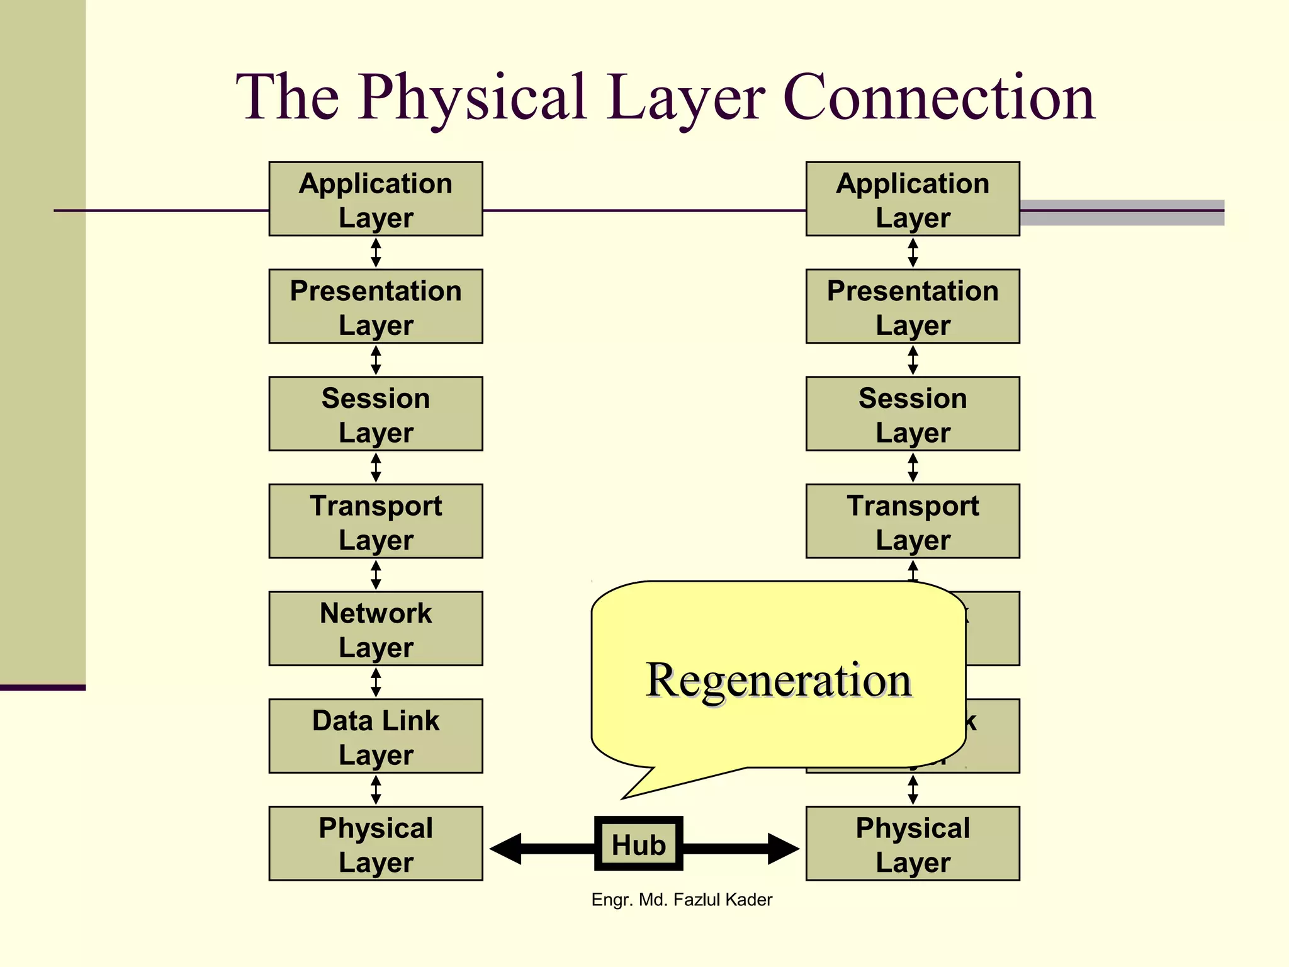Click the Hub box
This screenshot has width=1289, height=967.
tap(638, 844)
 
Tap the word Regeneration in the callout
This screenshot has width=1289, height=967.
tap(779, 681)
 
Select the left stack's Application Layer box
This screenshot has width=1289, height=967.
tap(376, 199)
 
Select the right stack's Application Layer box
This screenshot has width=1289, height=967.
tap(913, 199)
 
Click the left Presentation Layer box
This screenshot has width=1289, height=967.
tap(376, 307)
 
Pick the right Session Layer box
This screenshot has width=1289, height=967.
tap(913, 414)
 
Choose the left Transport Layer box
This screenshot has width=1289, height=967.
tap(376, 521)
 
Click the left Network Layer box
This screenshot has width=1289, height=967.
tap(376, 628)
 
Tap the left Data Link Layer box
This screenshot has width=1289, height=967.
tap(376, 736)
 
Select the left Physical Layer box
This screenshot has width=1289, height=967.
tap(376, 844)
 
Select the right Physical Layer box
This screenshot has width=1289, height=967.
tap(913, 844)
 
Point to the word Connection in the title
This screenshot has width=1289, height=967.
tap(938, 98)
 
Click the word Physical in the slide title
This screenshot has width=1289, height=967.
tap(473, 98)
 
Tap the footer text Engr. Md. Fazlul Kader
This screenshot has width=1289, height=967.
tap(682, 900)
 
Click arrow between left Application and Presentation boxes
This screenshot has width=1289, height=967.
tap(376, 252)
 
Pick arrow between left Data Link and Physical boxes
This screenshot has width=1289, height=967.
tap(376, 789)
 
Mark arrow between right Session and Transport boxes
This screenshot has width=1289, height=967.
tap(913, 467)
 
